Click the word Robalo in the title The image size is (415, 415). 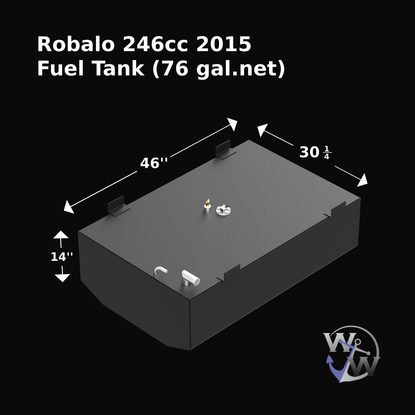pyautogui.click(x=75, y=45)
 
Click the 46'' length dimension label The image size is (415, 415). pyautogui.click(x=154, y=163)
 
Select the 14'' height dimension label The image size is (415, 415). pyautogui.click(x=62, y=257)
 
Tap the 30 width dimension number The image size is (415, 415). pyautogui.click(x=309, y=153)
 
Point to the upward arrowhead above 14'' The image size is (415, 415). pyautogui.click(x=61, y=235)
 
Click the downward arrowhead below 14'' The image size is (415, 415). pyautogui.click(x=62, y=278)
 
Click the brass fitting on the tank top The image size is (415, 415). pyautogui.click(x=207, y=205)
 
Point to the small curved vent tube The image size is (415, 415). pyautogui.click(x=161, y=271)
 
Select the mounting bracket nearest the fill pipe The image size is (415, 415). pyautogui.click(x=231, y=272)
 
